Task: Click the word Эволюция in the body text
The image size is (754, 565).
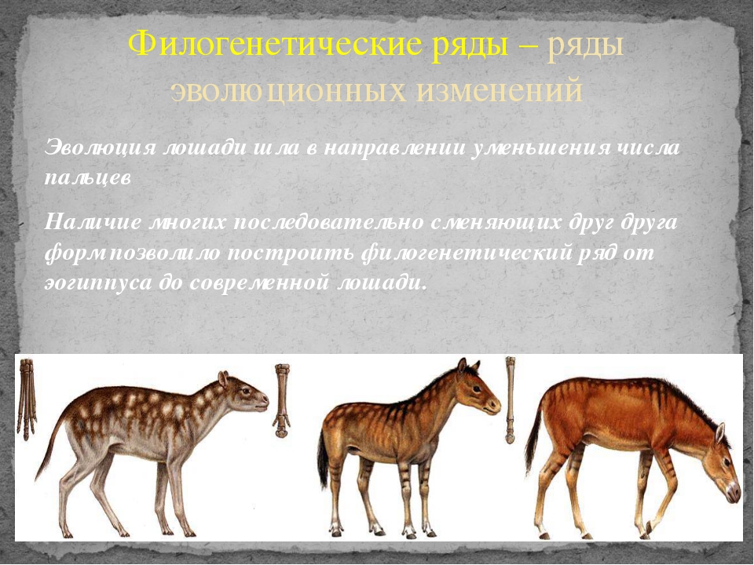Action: (100, 148)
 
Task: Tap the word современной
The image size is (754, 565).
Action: (260, 282)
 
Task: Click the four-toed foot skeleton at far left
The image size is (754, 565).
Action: (27, 399)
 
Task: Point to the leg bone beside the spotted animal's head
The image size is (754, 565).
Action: (281, 400)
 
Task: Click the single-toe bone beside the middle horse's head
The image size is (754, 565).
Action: (509, 399)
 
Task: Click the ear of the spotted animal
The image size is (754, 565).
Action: (222, 379)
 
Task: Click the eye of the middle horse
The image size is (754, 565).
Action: (475, 388)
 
